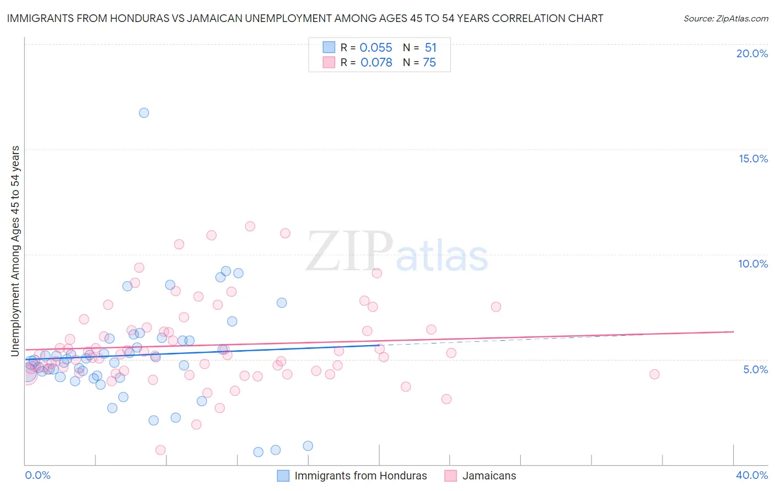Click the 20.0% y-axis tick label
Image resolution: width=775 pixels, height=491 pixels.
pos(752,53)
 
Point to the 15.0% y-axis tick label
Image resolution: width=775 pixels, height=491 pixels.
pos(753,159)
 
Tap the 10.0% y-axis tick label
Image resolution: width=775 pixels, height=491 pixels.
pos(753,264)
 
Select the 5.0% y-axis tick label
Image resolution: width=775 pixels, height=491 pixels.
pos(755,369)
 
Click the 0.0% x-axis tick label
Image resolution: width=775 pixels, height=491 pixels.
pos(37,475)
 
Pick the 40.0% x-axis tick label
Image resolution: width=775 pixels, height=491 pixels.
pos(751,475)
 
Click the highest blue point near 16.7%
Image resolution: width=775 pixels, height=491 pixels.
pos(144,113)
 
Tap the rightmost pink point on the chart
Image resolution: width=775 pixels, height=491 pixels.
pos(654,374)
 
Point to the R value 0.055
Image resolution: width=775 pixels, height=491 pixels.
pos(376,48)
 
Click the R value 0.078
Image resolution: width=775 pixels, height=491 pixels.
pos(376,63)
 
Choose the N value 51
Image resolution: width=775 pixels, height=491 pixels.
pos(430,48)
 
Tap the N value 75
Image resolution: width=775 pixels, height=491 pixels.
pos(429,63)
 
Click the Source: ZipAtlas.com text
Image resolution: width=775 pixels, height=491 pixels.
pos(725,18)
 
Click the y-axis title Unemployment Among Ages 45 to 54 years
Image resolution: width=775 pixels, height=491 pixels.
pos(15,251)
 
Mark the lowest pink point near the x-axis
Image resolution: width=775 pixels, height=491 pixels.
pos(160,450)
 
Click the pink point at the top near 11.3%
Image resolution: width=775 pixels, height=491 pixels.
pos(250,226)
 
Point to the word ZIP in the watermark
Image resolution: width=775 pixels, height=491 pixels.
pos(349,252)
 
